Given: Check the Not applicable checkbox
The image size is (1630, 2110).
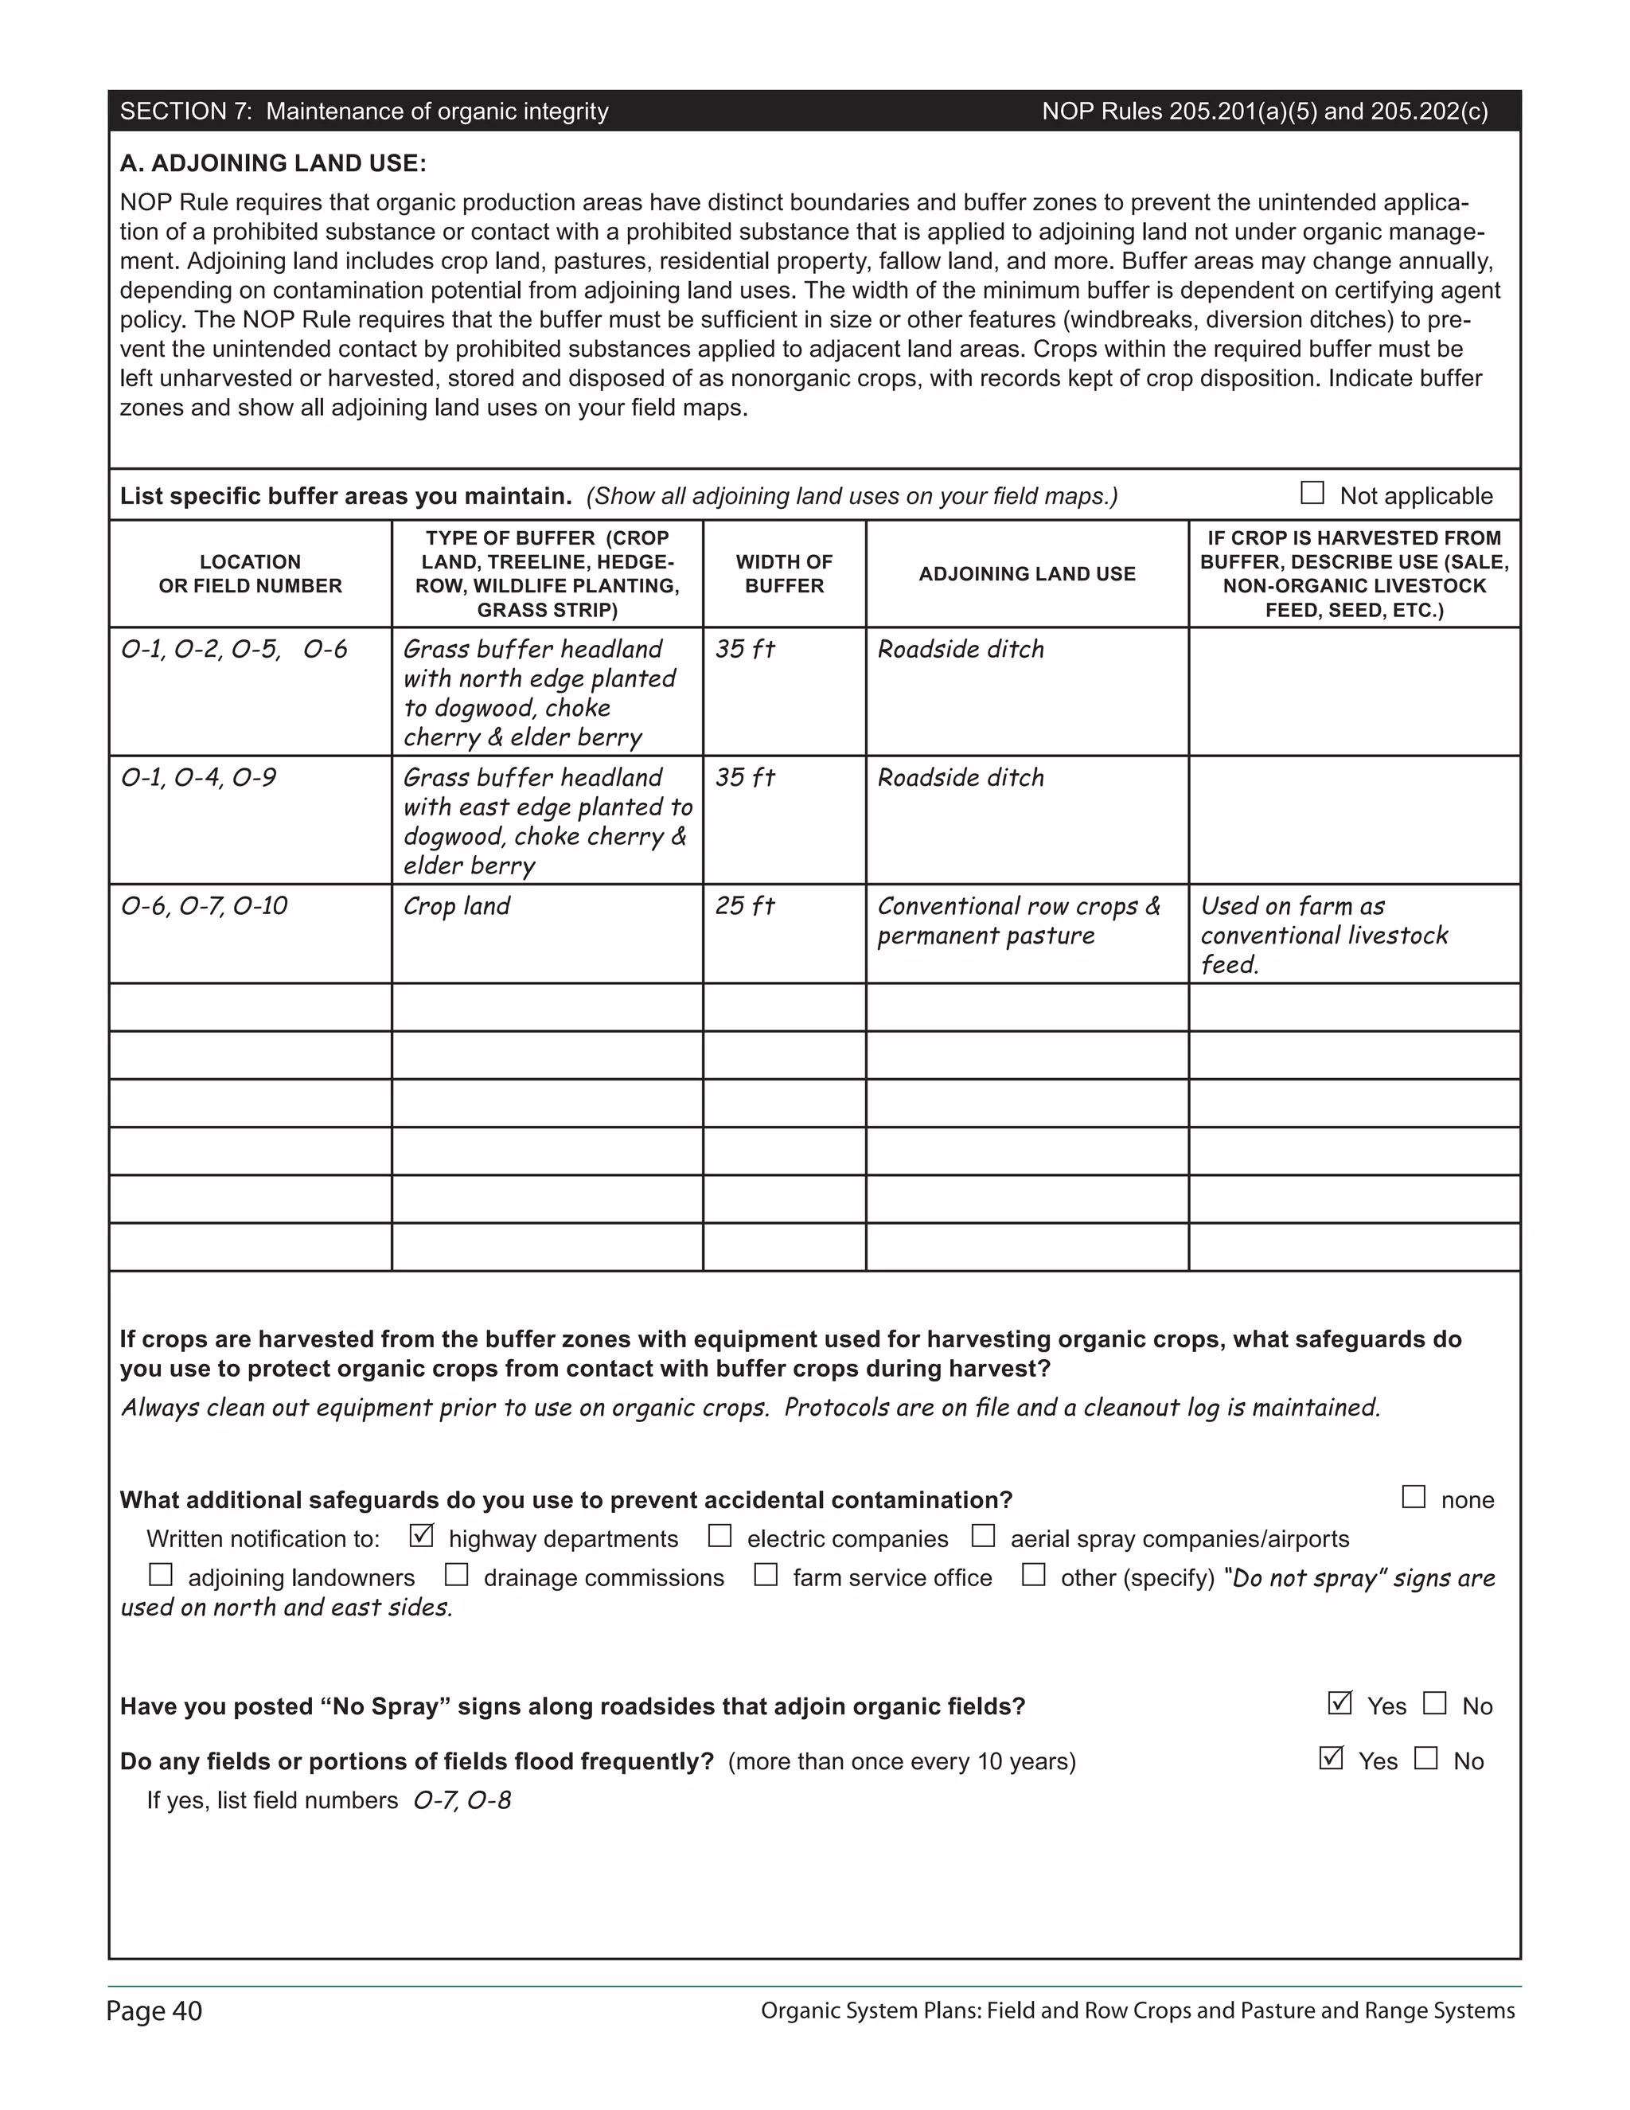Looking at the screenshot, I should click(x=1312, y=493).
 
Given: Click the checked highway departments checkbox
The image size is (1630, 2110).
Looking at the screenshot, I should click(x=421, y=1535).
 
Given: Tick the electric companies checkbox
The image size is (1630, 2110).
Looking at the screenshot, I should click(x=719, y=1535).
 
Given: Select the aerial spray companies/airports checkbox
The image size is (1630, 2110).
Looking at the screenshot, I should click(x=983, y=1535).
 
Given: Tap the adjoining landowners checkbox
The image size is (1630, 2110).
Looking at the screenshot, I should click(x=160, y=1575).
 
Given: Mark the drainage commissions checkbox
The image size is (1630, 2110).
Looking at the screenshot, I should click(x=456, y=1575).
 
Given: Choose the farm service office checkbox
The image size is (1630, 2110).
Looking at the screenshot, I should click(x=766, y=1575).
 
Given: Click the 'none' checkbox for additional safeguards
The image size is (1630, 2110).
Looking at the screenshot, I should click(x=1413, y=1497).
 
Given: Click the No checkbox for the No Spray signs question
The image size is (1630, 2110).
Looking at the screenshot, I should click(x=1435, y=1702).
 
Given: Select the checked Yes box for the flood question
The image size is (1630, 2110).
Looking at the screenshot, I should click(x=1331, y=1757).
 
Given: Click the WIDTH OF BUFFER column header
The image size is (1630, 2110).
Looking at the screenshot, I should click(x=783, y=574).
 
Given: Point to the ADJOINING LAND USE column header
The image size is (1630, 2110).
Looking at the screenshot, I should click(x=1027, y=574).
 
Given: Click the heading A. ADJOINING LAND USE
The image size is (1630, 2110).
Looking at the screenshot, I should click(x=272, y=163).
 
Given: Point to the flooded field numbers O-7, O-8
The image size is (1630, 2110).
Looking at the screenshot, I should click(x=462, y=1801).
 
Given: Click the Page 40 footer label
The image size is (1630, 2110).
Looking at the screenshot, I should click(x=154, y=2011).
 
